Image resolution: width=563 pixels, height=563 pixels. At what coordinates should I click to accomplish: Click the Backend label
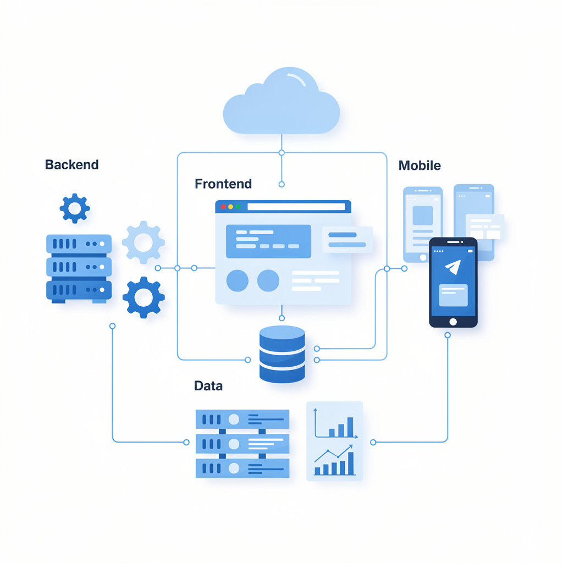point(71,164)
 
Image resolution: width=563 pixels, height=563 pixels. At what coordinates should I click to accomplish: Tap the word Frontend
point(223,184)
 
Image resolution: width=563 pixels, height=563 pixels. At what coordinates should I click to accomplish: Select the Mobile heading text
point(419,165)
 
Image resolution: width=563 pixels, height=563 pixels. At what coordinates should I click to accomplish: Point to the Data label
point(208,386)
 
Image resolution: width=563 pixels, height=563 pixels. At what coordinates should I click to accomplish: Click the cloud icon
point(281,104)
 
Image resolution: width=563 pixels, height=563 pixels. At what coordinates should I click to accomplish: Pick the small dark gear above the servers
point(74,208)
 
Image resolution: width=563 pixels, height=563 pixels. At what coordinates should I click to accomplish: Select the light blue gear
point(143,242)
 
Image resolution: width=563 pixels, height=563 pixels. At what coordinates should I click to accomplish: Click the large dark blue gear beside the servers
point(143,297)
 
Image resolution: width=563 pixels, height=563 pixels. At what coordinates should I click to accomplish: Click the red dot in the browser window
point(223,207)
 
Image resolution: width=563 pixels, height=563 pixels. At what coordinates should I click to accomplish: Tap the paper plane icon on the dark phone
point(452,267)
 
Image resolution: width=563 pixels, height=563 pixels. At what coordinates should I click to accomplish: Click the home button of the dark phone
point(453,322)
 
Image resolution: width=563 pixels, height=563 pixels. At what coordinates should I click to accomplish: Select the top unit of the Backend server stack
point(79,244)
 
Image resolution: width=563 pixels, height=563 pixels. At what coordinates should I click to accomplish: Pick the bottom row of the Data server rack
point(242,468)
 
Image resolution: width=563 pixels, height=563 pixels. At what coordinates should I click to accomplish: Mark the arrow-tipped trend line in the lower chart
point(333,455)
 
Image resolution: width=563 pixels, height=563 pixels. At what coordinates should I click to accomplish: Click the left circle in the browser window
point(237,280)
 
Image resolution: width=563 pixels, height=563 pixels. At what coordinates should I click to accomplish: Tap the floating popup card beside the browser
point(347,240)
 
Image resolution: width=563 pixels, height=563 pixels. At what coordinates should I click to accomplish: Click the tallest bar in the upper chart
point(350,427)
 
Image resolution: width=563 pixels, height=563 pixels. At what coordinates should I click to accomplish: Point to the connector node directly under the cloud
point(281,152)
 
